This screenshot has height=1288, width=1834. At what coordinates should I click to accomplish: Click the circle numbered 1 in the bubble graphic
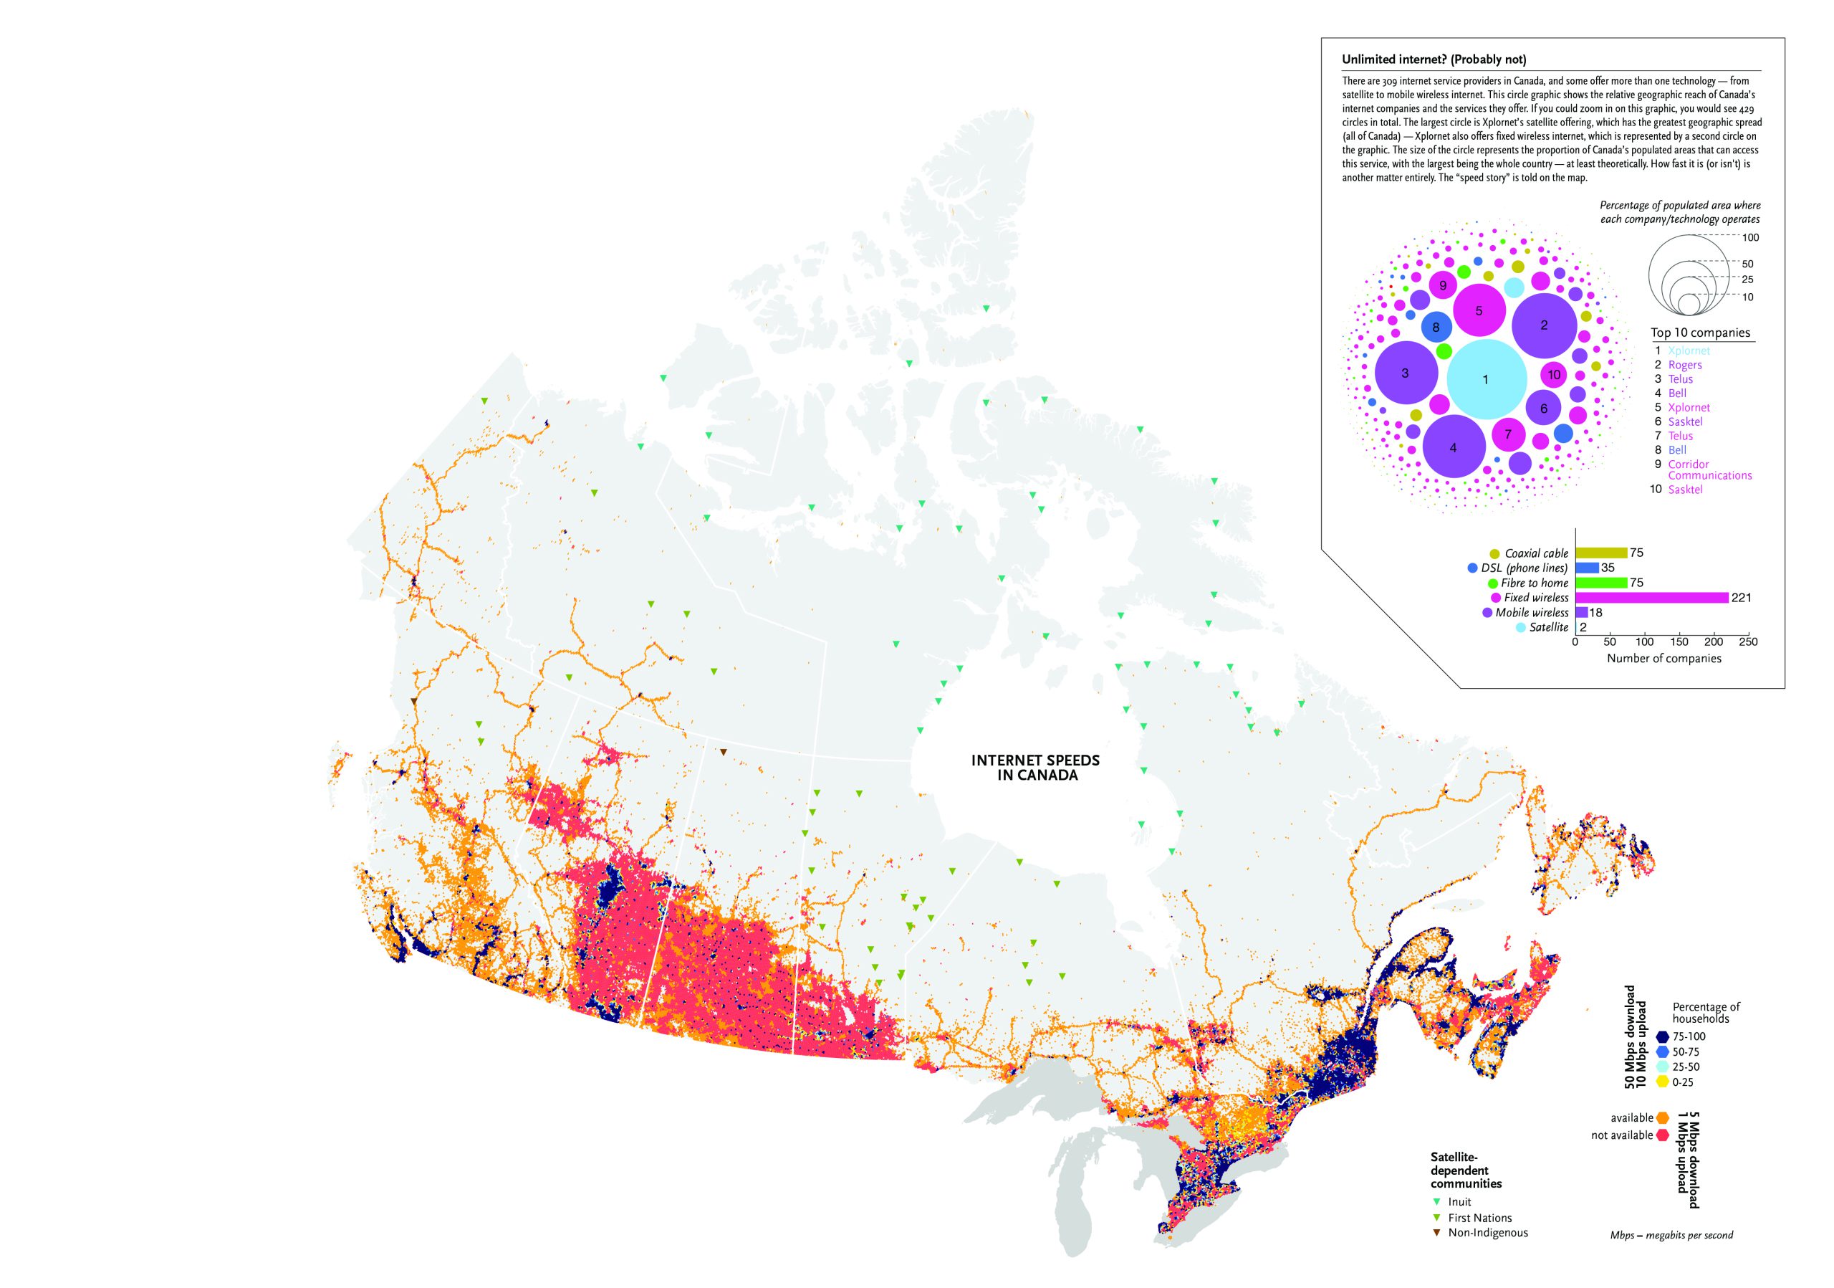[1487, 380]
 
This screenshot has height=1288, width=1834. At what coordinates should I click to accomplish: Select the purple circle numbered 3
[1406, 373]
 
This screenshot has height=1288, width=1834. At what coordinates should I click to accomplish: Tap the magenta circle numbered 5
[1479, 311]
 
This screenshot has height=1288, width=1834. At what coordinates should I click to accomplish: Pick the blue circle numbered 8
[1436, 327]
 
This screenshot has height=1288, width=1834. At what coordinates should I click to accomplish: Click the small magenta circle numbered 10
[1554, 374]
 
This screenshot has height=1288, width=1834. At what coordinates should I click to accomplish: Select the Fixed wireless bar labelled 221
[1651, 598]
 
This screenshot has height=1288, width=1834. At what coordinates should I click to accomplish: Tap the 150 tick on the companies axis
[1679, 641]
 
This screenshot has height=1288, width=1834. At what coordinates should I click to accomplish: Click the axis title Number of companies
[1664, 659]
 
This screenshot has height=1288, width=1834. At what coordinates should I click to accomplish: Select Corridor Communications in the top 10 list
[1709, 469]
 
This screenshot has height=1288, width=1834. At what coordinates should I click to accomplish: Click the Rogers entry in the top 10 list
[1684, 364]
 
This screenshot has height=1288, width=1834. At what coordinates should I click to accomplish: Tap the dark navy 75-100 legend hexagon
[1662, 1036]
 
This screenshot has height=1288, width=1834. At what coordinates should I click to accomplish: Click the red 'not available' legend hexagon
[1662, 1135]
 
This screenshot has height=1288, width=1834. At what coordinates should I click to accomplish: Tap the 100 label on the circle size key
[1750, 237]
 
